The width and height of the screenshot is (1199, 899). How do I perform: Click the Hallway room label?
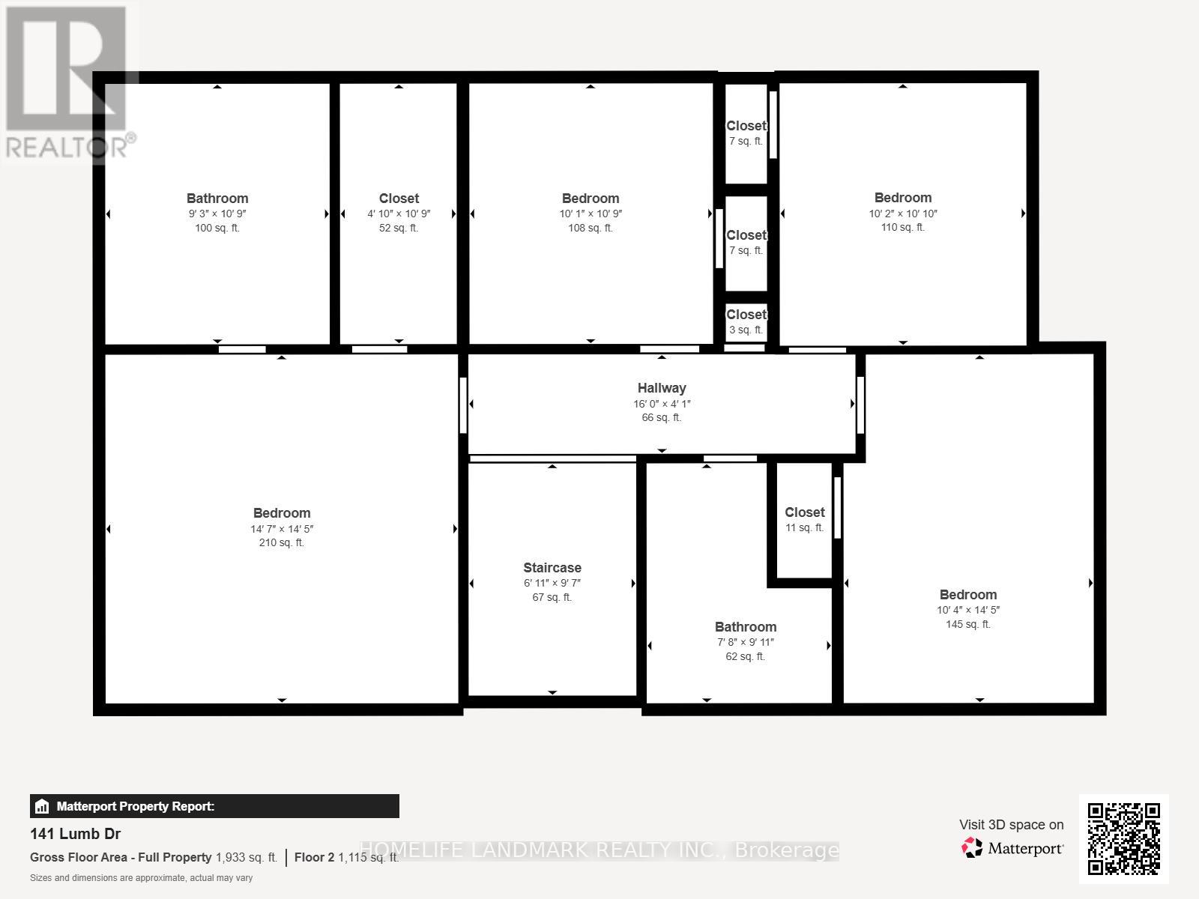[661, 388]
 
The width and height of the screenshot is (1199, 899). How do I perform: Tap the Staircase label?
[552, 568]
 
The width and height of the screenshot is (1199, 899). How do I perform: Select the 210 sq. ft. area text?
[281, 542]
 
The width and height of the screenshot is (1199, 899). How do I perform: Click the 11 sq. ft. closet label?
[804, 512]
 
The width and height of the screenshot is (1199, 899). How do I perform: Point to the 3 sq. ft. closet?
[746, 315]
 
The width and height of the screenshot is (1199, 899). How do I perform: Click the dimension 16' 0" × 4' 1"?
[661, 404]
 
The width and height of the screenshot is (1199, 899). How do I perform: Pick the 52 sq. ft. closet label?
[399, 199]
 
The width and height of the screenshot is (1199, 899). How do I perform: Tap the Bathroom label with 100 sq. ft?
[217, 199]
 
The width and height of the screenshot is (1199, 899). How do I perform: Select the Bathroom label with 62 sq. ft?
[745, 627]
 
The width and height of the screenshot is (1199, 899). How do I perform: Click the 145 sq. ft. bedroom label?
[968, 595]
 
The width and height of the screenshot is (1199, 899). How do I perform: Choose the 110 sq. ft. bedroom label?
[903, 198]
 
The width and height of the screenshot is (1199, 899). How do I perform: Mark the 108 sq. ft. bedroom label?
[591, 199]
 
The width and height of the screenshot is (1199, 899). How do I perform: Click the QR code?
[1123, 838]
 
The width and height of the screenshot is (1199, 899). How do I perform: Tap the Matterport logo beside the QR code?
[1012, 848]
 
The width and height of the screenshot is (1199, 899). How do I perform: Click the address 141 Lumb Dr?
[75, 834]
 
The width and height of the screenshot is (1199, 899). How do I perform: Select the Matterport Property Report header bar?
[214, 806]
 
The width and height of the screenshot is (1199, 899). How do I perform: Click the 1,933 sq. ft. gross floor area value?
[247, 857]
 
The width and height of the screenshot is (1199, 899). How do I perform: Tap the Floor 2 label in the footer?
[314, 857]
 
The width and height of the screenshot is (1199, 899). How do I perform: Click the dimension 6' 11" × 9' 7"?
[552, 583]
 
